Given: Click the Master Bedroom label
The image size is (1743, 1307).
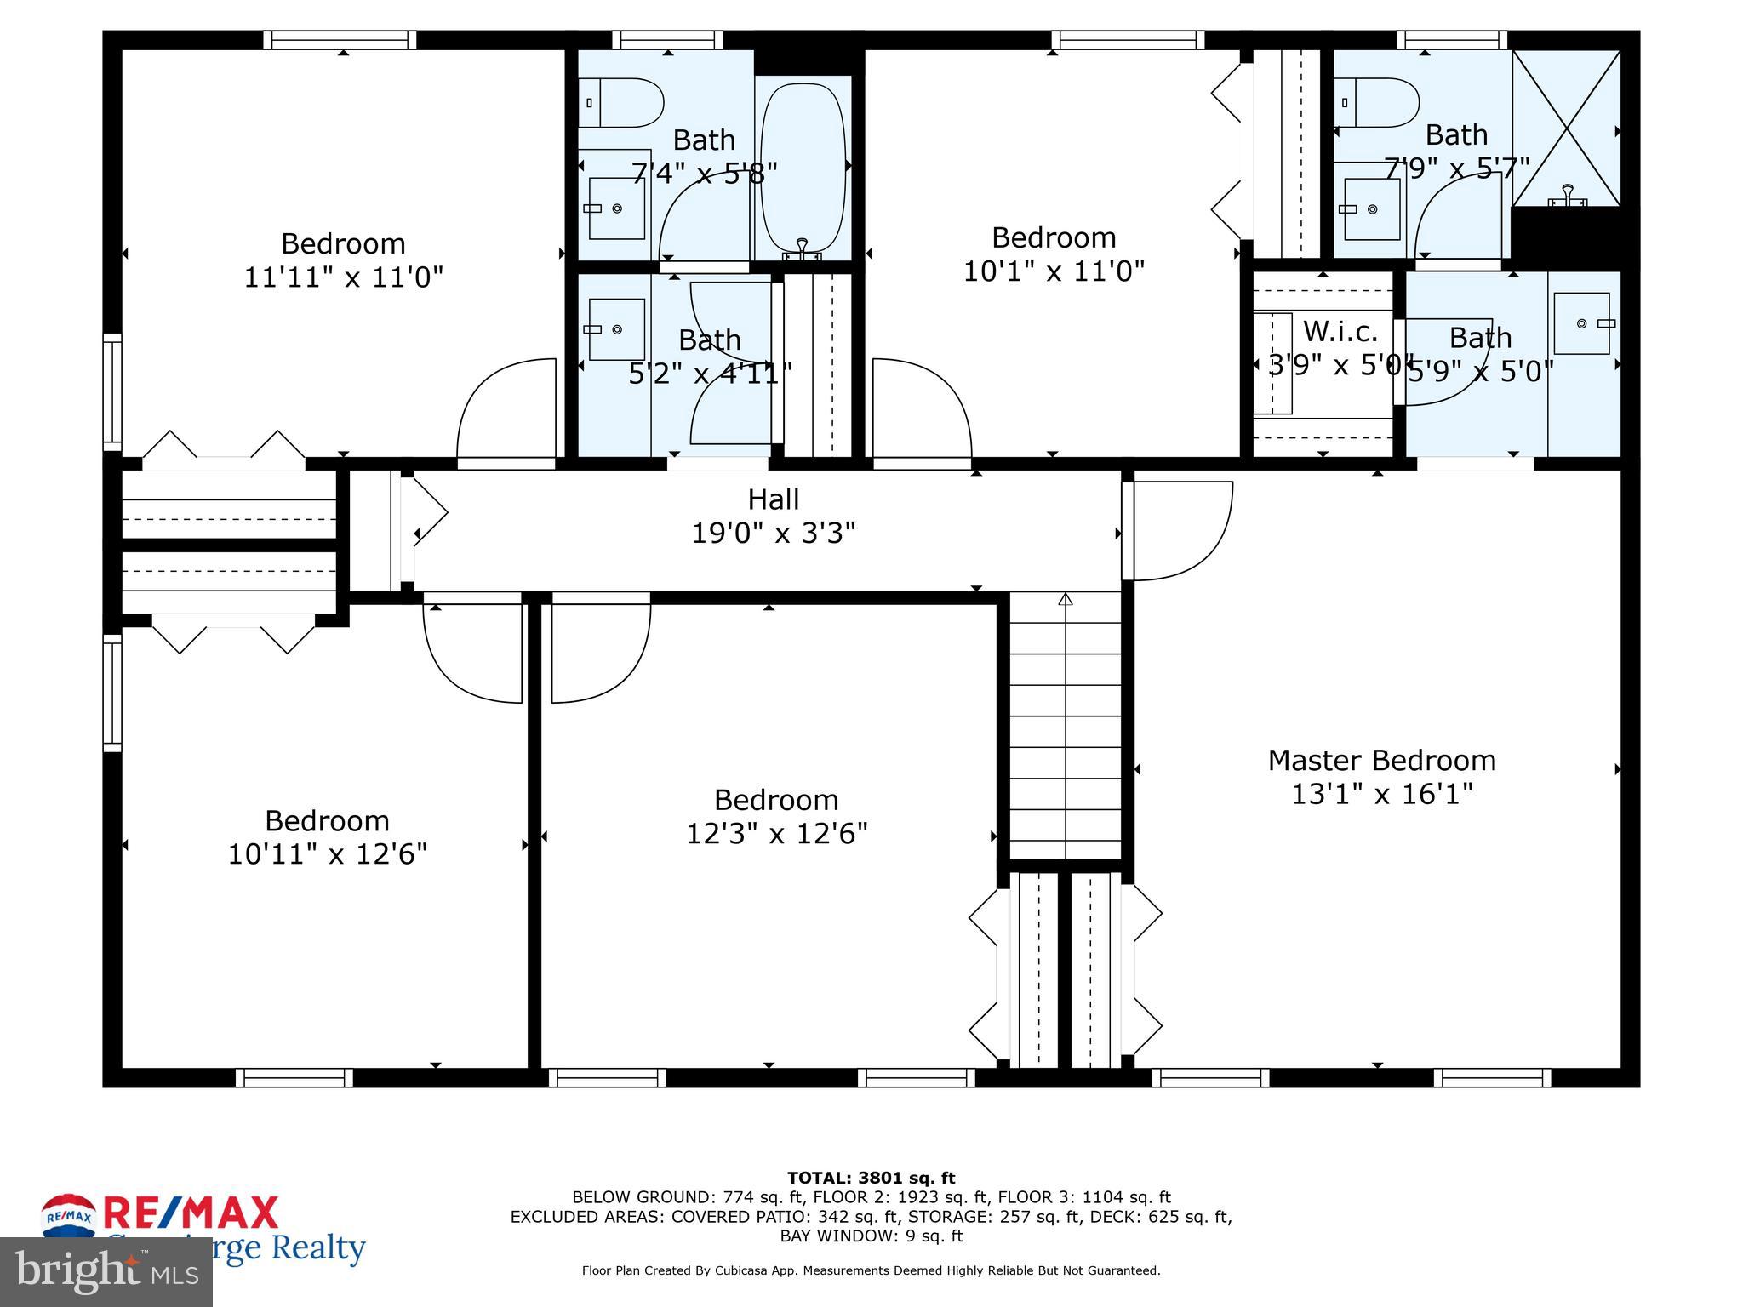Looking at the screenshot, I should (1381, 760).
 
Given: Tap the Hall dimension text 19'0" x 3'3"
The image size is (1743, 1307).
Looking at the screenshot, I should (773, 534).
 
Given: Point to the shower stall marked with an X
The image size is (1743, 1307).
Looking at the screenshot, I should (1566, 128).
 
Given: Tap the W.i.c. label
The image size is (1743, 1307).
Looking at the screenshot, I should (1340, 330).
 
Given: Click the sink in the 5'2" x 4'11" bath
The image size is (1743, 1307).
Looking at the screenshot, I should (616, 329).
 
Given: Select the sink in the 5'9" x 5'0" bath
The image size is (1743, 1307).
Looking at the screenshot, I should (1582, 323).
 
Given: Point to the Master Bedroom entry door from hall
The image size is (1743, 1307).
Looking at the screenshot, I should (1179, 531).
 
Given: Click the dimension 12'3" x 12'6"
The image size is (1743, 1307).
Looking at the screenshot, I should (776, 833).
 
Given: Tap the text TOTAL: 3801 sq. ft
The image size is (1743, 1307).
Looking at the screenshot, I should (871, 1178).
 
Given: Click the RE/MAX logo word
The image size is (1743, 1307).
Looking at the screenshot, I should (191, 1213).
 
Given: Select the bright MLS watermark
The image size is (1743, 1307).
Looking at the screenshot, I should (106, 1272).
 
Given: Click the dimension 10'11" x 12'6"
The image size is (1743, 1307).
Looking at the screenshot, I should (327, 853).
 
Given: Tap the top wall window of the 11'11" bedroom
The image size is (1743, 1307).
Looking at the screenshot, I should (340, 40).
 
